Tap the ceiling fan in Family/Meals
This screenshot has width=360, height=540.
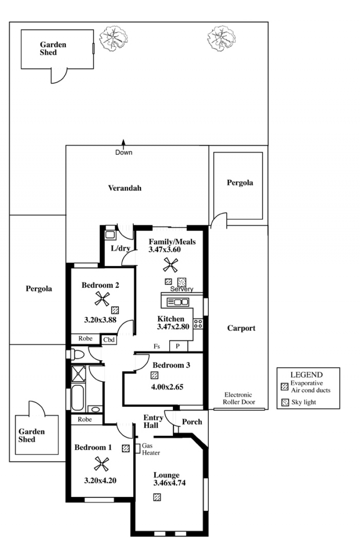pos(170,266)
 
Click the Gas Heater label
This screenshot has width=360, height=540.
pos(151,449)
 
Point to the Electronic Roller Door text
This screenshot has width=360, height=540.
pos(239,398)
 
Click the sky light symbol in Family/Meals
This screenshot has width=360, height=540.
pos(182,282)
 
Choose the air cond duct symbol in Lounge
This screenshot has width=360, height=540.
pos(157,497)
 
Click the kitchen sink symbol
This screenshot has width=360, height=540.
pos(178,302)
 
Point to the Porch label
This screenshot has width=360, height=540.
pos(192,422)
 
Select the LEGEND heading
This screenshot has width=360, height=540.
pos(306,375)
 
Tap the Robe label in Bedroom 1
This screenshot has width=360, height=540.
pos(85,419)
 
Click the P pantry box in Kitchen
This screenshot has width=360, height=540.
pos(178,347)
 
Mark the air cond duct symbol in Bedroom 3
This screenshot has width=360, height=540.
pos(155,375)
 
